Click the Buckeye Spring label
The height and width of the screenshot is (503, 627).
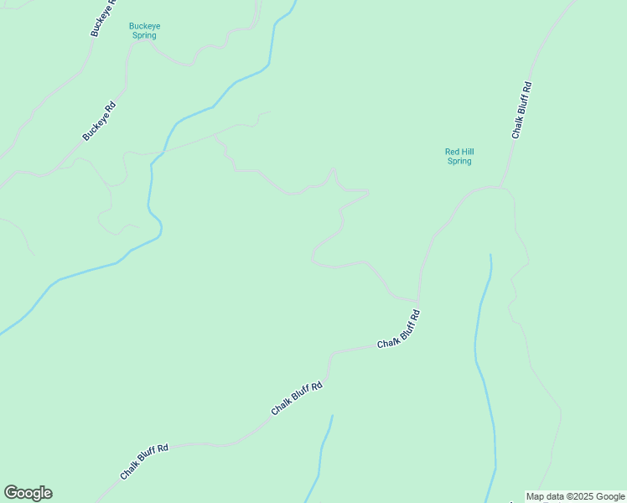(x=144, y=31)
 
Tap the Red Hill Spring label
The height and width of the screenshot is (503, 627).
(x=459, y=156)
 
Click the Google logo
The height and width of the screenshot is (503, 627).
(x=28, y=493)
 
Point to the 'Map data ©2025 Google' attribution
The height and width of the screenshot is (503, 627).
(x=575, y=496)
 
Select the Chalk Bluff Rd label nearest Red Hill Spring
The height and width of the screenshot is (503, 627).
(x=521, y=110)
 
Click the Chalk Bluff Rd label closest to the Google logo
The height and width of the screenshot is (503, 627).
(x=144, y=461)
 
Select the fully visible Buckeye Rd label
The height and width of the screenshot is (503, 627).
(x=99, y=122)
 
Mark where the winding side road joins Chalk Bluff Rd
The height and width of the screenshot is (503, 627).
(x=417, y=301)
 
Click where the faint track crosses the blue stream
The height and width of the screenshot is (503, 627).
(x=164, y=151)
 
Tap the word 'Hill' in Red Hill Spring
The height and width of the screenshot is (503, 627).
(x=465, y=152)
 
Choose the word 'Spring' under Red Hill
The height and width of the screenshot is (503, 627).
(x=459, y=161)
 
